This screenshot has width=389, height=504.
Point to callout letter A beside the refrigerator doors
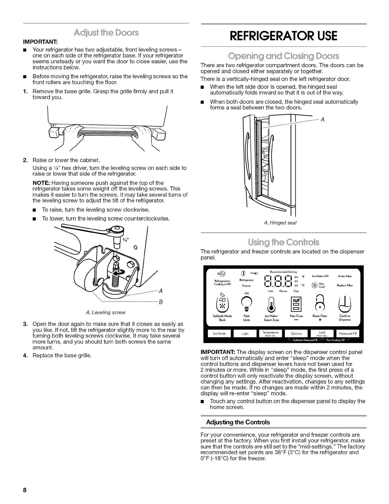pos(323,120)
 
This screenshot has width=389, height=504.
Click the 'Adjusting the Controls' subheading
pos(238,422)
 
